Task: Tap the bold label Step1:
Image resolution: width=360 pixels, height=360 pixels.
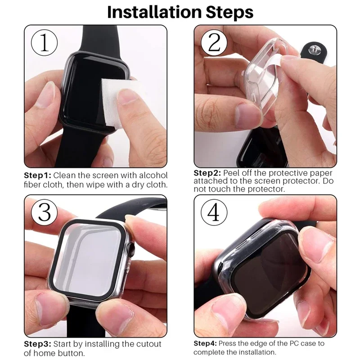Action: (38, 175)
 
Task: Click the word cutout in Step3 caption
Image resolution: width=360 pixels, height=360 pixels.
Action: (147, 344)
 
